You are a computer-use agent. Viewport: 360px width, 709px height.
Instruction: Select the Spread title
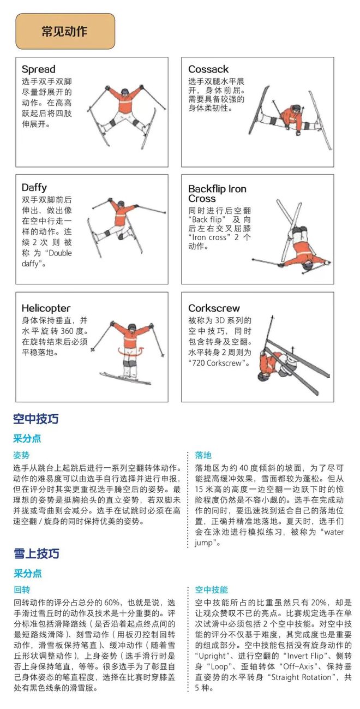point(38,69)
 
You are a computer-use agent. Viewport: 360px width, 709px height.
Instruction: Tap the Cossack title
point(208,69)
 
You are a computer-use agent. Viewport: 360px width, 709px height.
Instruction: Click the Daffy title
point(34,188)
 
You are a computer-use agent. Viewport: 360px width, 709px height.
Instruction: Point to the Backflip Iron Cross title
point(217,194)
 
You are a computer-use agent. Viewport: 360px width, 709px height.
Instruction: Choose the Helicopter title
point(46,308)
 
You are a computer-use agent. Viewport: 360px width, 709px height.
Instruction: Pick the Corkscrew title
point(214,308)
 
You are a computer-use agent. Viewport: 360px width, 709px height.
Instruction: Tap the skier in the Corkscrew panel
point(281,360)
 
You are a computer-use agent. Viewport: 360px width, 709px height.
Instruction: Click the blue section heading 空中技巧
point(36,419)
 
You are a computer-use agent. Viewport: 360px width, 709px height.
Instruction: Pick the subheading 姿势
point(21,455)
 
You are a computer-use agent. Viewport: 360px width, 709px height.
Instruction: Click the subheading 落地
point(203,455)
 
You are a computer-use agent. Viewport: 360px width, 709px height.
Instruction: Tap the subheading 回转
point(21,589)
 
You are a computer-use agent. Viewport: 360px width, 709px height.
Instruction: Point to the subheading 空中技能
point(211,589)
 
